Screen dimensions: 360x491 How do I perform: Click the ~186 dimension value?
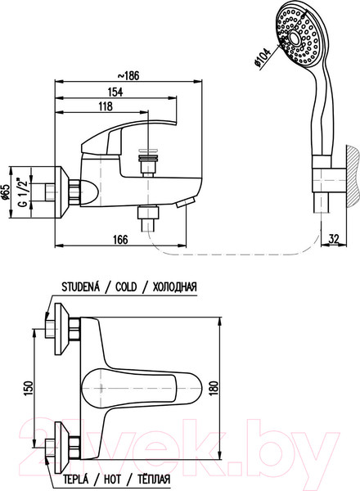[128, 76]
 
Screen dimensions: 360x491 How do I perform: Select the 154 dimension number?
[115, 92]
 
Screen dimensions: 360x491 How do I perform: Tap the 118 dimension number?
[106, 106]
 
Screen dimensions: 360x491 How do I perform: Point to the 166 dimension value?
[120, 240]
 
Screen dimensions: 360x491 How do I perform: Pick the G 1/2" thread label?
[24, 192]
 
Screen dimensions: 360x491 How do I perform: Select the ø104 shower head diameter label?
[262, 57]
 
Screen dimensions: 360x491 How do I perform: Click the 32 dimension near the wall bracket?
[334, 239]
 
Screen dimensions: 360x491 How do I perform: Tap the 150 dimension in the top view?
[28, 388]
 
